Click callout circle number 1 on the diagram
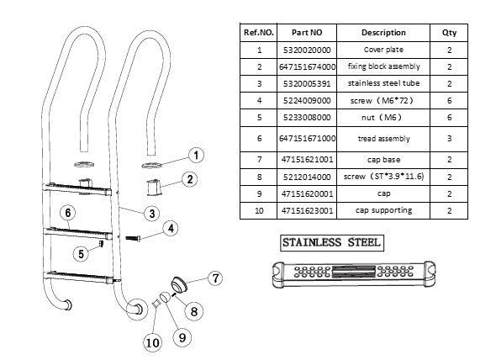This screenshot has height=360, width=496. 194,155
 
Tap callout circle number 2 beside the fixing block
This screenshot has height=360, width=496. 191,179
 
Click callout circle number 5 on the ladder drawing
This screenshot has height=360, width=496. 81,253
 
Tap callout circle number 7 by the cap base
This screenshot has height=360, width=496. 214,277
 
